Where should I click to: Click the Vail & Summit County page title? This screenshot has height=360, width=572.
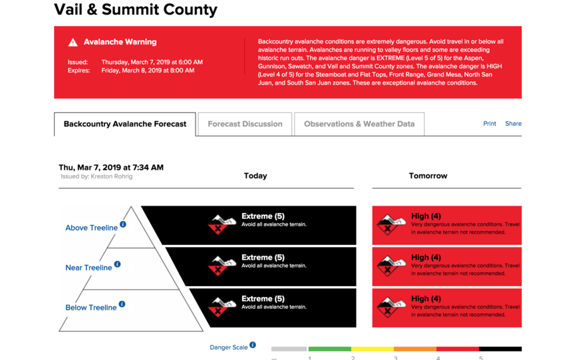pyautogui.click(x=135, y=10)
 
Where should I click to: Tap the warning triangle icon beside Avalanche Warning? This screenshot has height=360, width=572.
pyautogui.click(x=72, y=43)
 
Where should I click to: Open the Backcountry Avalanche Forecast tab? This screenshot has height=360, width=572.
pyautogui.click(x=125, y=124)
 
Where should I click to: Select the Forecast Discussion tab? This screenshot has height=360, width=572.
pyautogui.click(x=245, y=124)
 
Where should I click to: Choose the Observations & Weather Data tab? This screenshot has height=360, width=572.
pyautogui.click(x=359, y=124)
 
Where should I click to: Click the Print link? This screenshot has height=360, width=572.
pyautogui.click(x=490, y=124)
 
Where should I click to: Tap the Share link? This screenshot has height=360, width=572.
pyautogui.click(x=513, y=124)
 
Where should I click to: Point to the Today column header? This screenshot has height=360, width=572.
pyautogui.click(x=255, y=176)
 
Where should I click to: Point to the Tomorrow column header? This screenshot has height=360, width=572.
pyautogui.click(x=428, y=176)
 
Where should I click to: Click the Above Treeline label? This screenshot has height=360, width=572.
pyautogui.click(x=91, y=228)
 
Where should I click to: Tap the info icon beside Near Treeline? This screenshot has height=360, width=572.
pyautogui.click(x=118, y=264)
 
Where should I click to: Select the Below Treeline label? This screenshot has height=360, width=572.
pyautogui.click(x=90, y=307)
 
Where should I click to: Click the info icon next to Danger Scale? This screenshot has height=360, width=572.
pyautogui.click(x=253, y=345)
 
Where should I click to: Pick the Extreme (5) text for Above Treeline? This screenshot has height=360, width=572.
pyautogui.click(x=263, y=216)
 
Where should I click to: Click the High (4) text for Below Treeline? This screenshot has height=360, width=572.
pyautogui.click(x=426, y=299)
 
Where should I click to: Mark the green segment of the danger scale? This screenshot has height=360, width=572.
pyautogui.click(x=329, y=349)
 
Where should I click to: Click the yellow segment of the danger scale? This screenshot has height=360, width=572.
pyautogui.click(x=372, y=349)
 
